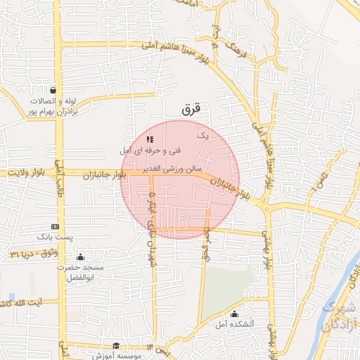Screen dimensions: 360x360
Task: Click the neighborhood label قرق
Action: click(x=191, y=109)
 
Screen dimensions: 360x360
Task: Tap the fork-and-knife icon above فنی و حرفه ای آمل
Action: click(x=150, y=139)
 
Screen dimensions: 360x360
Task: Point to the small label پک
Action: click(x=203, y=134)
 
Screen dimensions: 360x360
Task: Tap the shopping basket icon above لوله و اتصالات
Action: click(x=54, y=90)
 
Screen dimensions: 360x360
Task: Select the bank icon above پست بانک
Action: click(x=55, y=227)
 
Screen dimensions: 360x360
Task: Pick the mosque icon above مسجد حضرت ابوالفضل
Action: click(x=80, y=257)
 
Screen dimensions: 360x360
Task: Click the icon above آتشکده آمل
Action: click(x=234, y=314)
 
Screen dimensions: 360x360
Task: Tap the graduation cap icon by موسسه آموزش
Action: click(x=116, y=346)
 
